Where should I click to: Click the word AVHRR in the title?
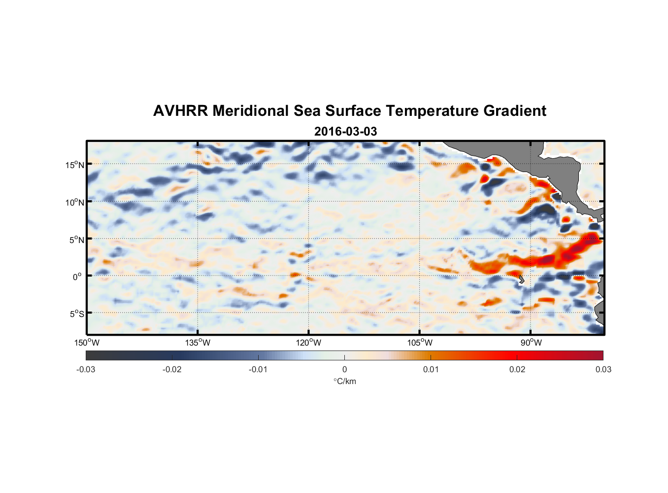[x=180, y=111]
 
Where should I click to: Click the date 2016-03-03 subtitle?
[x=345, y=132]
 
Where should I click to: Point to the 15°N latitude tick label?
[x=75, y=165]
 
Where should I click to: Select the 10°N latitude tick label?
[x=75, y=202]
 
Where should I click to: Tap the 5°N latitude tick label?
[x=76, y=240]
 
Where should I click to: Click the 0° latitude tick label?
[x=77, y=277]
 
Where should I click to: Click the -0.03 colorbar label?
[x=86, y=370]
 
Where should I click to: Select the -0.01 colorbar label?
[x=258, y=370]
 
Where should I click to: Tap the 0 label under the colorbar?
[x=344, y=370]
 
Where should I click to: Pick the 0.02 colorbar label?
[x=517, y=370]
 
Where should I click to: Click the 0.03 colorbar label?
[x=603, y=370]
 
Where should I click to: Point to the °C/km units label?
[x=344, y=381]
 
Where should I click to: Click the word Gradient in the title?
[x=515, y=111]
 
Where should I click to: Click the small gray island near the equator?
[x=521, y=279]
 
